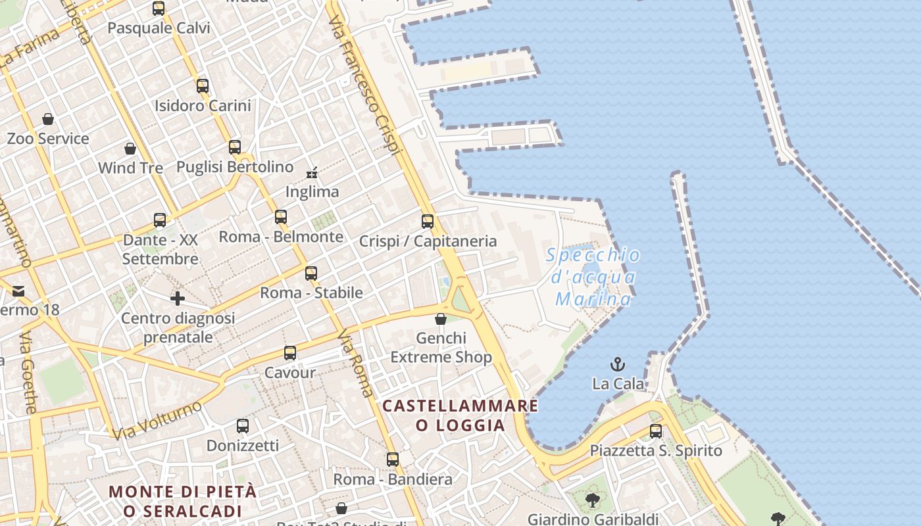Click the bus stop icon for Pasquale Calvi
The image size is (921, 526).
159,9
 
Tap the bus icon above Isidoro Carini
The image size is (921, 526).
203,86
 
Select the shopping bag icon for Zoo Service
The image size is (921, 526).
48,119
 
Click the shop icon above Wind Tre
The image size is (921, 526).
130,149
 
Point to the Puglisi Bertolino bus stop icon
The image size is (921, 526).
235,147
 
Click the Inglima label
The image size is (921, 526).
312,192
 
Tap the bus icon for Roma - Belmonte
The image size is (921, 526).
281,217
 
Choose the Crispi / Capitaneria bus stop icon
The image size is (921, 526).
428,222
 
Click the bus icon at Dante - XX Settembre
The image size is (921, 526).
160,220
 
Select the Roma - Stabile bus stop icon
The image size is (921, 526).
311,274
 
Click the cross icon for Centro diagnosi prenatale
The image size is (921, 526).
178,299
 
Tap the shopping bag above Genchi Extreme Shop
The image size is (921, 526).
441,319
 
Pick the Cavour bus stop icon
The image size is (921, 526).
290,353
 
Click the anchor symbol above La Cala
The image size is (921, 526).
618,364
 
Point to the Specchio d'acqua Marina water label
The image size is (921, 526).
593,277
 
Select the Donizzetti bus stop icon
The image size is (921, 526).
243,426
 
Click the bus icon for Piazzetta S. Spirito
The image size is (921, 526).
656,431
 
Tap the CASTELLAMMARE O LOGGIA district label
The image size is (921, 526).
460,416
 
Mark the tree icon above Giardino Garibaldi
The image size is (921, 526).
593,500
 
